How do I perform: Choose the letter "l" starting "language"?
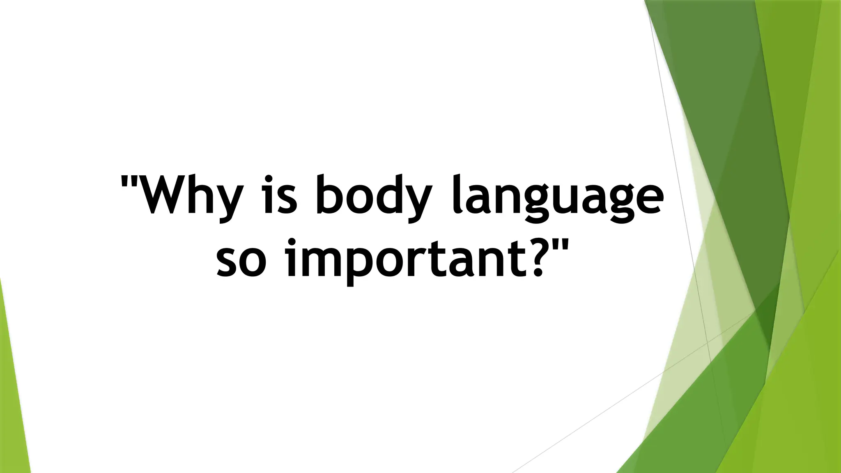click(456, 195)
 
